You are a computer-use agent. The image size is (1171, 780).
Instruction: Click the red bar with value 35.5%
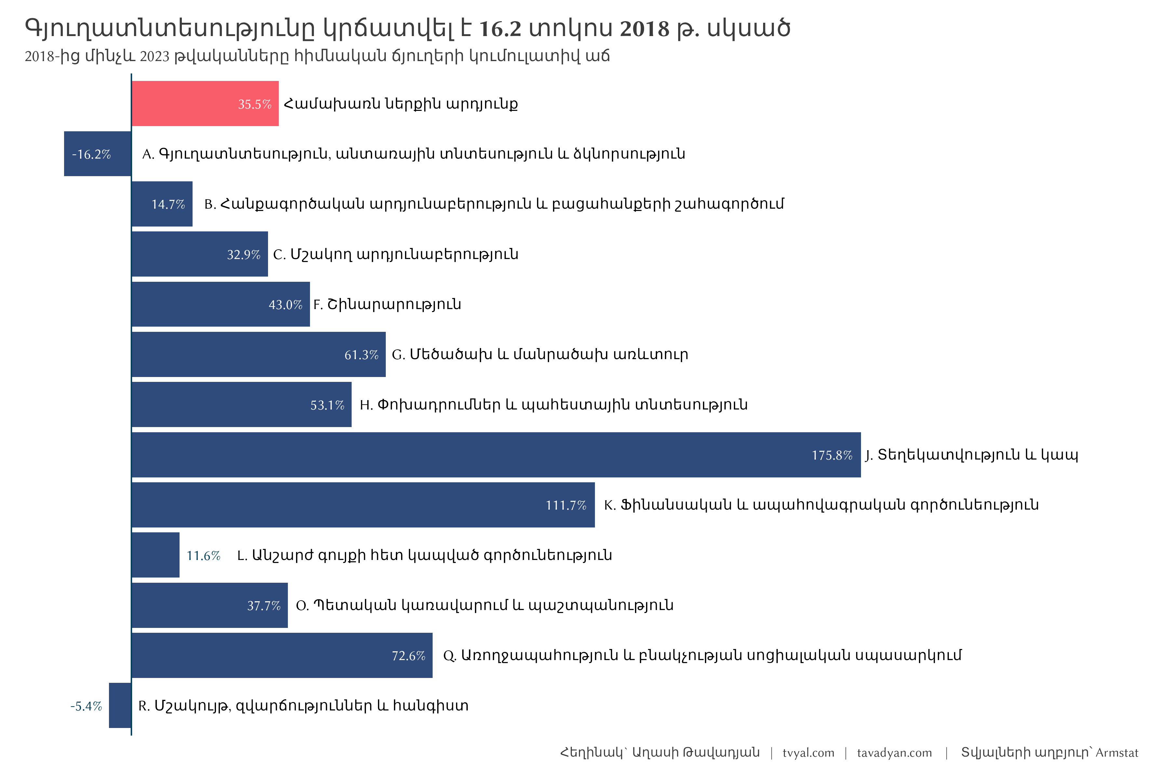205,103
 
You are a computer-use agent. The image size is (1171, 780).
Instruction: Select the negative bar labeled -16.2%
98,154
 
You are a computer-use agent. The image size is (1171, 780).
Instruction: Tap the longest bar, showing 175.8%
496,455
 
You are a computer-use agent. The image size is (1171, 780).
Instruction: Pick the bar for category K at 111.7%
363,505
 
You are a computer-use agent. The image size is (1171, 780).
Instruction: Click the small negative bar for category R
120,705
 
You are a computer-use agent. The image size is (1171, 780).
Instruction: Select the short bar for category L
155,555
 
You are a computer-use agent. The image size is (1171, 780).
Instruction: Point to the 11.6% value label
203,556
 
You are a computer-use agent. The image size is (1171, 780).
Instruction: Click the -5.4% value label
86,706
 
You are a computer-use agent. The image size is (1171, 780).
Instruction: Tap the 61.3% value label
361,355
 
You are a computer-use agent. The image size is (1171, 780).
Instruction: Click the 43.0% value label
285,305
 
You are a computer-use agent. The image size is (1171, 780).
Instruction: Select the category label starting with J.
971,455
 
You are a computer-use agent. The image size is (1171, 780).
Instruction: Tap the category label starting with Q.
702,655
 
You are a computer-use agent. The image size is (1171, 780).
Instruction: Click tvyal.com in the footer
808,753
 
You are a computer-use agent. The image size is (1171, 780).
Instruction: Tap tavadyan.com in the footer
894,753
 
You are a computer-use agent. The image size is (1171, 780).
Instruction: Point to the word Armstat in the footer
1117,753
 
